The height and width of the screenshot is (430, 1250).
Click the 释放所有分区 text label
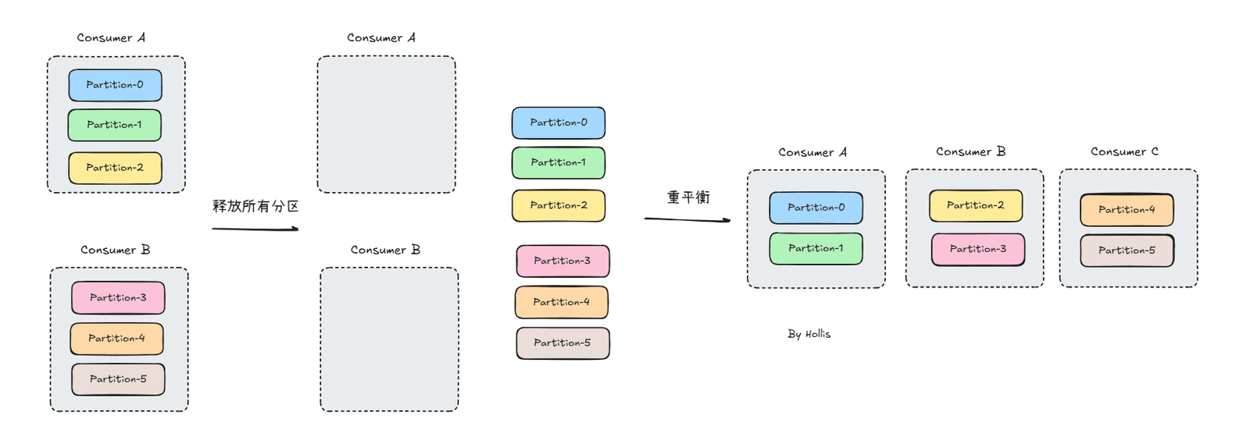(x=255, y=206)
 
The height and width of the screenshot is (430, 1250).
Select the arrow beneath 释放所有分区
(x=255, y=229)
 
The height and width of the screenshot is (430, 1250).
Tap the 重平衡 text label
(x=688, y=197)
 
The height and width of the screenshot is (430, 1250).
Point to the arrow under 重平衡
(x=687, y=220)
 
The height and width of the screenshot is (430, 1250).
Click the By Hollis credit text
(x=809, y=334)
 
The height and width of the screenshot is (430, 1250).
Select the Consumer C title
(x=1124, y=151)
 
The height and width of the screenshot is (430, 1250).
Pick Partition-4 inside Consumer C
(x=1127, y=210)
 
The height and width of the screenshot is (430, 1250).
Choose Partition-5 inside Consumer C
(x=1127, y=251)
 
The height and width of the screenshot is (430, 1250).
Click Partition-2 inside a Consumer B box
(x=976, y=205)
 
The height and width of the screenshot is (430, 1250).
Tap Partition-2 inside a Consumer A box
(x=115, y=168)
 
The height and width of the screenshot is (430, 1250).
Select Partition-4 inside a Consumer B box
(x=116, y=339)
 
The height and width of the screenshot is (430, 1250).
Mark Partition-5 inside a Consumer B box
(x=118, y=379)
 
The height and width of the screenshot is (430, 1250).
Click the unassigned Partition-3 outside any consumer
(x=562, y=261)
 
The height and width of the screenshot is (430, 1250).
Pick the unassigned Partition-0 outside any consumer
(x=559, y=123)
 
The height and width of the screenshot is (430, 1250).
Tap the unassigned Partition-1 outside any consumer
(x=559, y=163)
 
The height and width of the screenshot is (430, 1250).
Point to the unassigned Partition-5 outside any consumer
(x=562, y=343)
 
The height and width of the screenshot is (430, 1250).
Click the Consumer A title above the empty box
(x=381, y=38)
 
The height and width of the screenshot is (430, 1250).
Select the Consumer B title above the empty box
(x=385, y=250)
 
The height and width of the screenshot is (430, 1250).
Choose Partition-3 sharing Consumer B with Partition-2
(x=977, y=249)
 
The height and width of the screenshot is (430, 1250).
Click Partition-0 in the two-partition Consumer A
(x=816, y=208)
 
